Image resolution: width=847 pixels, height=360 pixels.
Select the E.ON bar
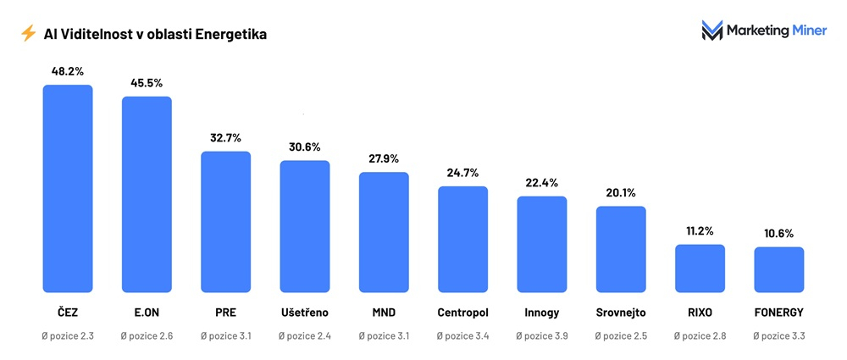tap(147, 194)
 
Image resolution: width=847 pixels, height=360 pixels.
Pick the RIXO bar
tap(700, 268)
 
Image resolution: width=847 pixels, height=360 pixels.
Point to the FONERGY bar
tap(778, 269)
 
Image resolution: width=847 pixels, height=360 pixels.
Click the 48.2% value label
tap(68, 71)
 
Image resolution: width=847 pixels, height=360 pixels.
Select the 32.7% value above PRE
tap(225, 137)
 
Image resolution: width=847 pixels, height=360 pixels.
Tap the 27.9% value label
tap(384, 158)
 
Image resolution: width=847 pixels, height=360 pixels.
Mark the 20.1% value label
tap(621, 192)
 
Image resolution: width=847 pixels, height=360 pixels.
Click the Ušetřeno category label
tap(305, 313)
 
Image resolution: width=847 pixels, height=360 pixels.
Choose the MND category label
tap(384, 313)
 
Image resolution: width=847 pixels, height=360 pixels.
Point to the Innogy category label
tap(542, 313)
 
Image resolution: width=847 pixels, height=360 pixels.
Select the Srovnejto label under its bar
tap(621, 313)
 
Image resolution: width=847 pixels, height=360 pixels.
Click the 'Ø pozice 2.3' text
tap(68, 336)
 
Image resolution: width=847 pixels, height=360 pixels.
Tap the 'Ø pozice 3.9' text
tap(542, 336)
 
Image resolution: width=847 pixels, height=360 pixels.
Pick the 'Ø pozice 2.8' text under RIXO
tap(700, 336)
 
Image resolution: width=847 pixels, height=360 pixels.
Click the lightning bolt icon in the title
tap(28, 34)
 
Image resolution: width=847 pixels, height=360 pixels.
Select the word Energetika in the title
tap(232, 34)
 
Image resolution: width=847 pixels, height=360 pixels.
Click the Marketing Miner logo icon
tap(711, 31)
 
